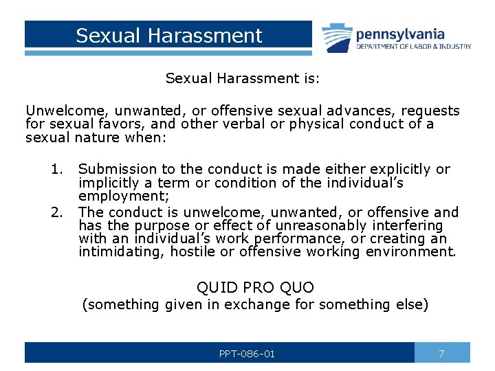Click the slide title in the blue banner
point(168,36)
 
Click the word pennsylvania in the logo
point(399,34)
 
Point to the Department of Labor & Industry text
point(413,47)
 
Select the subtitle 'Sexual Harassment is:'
point(242,78)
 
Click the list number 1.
point(56,169)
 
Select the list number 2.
point(56,212)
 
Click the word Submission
point(118,169)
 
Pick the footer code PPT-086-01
point(247,354)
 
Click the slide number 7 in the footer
point(442,353)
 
